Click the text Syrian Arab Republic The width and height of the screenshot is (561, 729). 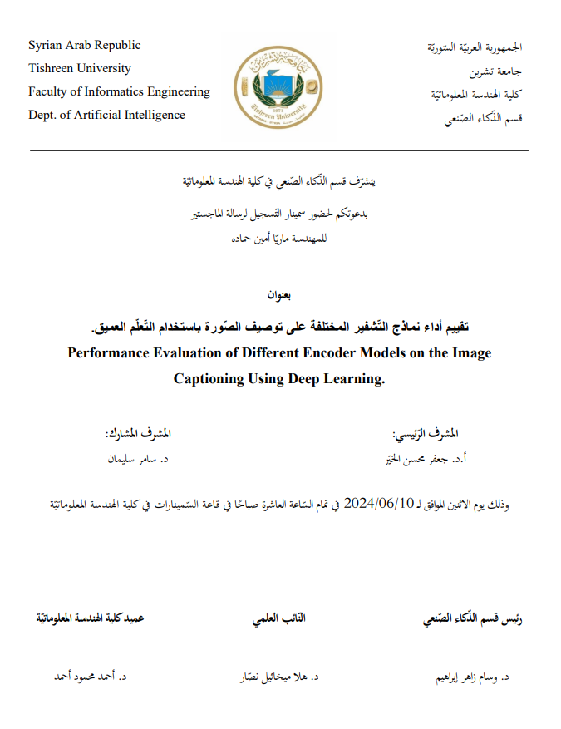pyautogui.click(x=85, y=45)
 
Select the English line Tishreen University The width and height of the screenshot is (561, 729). pyautogui.click(x=80, y=68)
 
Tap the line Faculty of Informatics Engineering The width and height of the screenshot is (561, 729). pyautogui.click(x=119, y=91)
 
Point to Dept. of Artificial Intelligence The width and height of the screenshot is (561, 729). pyautogui.click(x=106, y=115)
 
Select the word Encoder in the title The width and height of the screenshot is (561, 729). pyautogui.click(x=319, y=353)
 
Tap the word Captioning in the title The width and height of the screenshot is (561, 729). pyautogui.click(x=208, y=379)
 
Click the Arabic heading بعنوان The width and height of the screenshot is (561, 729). pyautogui.click(x=280, y=295)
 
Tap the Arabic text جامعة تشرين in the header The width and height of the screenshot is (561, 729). pyautogui.click(x=503, y=71)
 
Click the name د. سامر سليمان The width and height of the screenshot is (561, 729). pyautogui.click(x=135, y=458)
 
